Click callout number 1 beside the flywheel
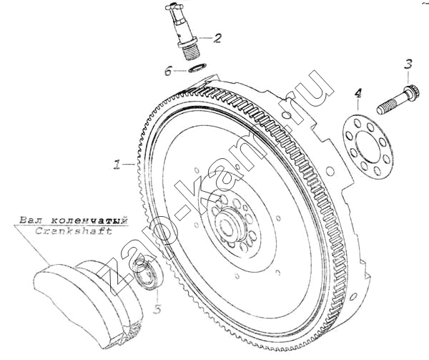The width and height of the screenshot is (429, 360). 117,165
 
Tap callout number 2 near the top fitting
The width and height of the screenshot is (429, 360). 217,38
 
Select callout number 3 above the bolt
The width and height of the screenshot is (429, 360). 408,64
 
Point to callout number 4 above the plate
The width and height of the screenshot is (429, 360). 358,94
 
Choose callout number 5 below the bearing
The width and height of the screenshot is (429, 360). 157,309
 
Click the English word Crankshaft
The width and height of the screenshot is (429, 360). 74,231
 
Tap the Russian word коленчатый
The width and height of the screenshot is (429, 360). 90,220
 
